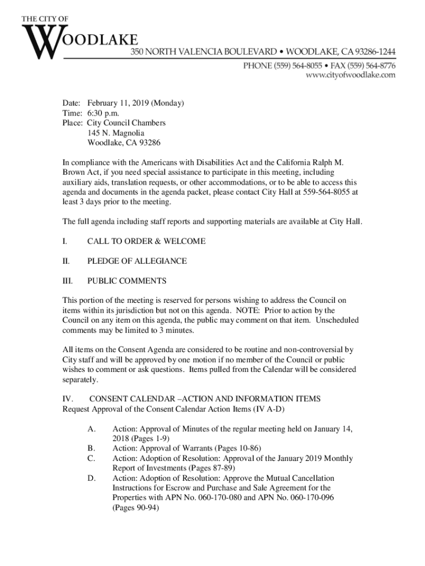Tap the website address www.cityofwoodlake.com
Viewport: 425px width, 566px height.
click(x=351, y=75)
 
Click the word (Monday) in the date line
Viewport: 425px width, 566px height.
click(x=167, y=103)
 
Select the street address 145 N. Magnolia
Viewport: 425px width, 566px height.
click(x=116, y=133)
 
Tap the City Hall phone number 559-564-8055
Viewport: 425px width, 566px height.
click(x=325, y=192)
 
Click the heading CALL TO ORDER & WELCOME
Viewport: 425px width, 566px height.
click(x=146, y=242)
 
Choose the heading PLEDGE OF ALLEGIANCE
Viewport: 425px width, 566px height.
click(x=137, y=261)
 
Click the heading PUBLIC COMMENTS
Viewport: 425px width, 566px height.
click(x=126, y=281)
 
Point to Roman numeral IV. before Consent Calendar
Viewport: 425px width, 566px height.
click(x=68, y=399)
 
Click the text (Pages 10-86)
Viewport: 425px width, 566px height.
click(x=238, y=448)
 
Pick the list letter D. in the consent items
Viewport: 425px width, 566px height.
click(x=92, y=478)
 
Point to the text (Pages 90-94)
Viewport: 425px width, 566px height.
click(x=136, y=507)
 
